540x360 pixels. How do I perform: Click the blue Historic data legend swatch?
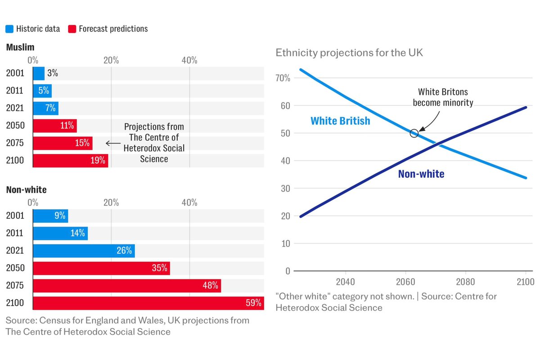tap(9, 29)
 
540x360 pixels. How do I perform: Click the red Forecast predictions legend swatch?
tap(72, 29)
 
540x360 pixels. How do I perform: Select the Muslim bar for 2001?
tap(39, 73)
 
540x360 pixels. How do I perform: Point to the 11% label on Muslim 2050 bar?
tap(67, 126)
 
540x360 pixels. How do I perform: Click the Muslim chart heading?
tap(20, 47)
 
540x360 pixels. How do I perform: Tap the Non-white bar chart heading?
tap(26, 190)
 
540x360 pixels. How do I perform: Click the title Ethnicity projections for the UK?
tap(349, 53)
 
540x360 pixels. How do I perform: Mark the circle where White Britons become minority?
tap(414, 133)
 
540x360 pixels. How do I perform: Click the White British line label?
tap(340, 121)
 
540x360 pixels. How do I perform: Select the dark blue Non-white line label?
tap(421, 174)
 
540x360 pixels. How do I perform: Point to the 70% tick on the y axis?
tap(283, 78)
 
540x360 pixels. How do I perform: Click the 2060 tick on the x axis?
tap(405, 282)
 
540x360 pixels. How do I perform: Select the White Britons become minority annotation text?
tap(443, 97)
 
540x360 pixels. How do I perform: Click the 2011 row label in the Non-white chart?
tap(15, 233)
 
